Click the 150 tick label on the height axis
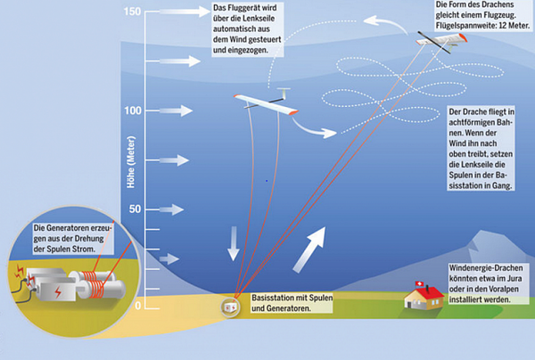133,12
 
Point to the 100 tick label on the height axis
133,110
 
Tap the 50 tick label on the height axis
136,209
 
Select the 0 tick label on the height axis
138,306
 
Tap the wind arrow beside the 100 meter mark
175,110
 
